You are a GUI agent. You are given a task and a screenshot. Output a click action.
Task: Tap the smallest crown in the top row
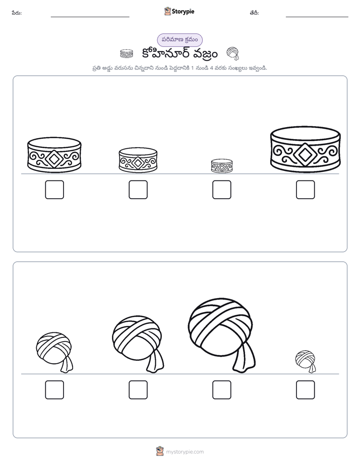click(x=221, y=166)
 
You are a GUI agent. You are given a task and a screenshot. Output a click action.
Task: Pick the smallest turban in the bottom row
click(x=306, y=361)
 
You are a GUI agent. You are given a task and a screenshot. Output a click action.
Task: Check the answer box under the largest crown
click(x=306, y=190)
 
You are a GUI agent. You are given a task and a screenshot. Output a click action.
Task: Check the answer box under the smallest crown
click(x=221, y=190)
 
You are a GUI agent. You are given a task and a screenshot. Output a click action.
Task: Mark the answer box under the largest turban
click(x=221, y=390)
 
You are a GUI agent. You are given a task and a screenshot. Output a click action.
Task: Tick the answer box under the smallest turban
click(x=306, y=390)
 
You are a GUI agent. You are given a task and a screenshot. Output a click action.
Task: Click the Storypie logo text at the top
click(x=183, y=12)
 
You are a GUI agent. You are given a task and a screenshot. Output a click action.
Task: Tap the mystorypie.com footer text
click(x=185, y=452)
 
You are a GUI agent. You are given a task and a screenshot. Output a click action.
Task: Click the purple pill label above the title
click(x=179, y=40)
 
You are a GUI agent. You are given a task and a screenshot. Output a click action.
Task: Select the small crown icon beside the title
click(x=127, y=54)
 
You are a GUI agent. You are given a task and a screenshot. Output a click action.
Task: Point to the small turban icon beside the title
click(x=233, y=53)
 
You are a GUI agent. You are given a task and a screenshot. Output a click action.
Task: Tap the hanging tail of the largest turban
click(x=244, y=357)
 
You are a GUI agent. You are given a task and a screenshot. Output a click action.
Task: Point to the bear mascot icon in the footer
click(x=160, y=451)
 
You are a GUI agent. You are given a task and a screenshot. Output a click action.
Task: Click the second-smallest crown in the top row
click(x=138, y=160)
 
